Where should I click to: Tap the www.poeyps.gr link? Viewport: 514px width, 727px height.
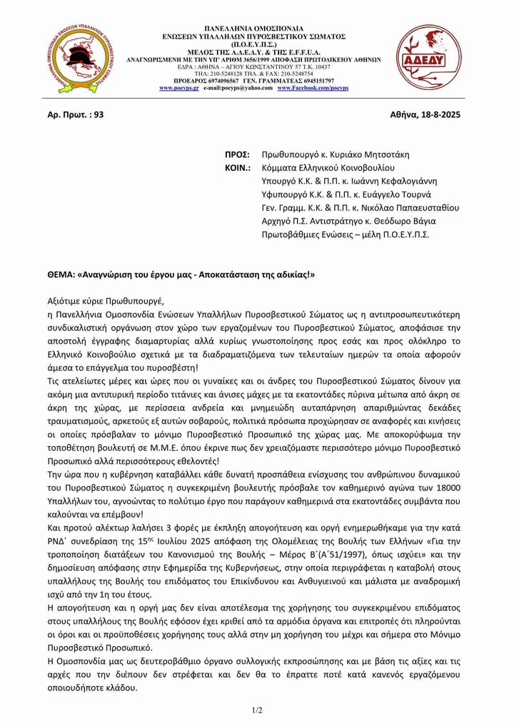coord(179,88)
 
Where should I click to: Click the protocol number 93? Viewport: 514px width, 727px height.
coord(99,115)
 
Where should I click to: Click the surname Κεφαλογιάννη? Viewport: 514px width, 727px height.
coord(404,181)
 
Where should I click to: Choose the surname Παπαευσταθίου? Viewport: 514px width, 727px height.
coord(425,208)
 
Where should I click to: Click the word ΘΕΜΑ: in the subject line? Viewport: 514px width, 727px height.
coord(63,274)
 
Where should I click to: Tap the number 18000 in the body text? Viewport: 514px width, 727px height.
coord(446,487)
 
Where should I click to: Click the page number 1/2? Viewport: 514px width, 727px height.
coord(257,710)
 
